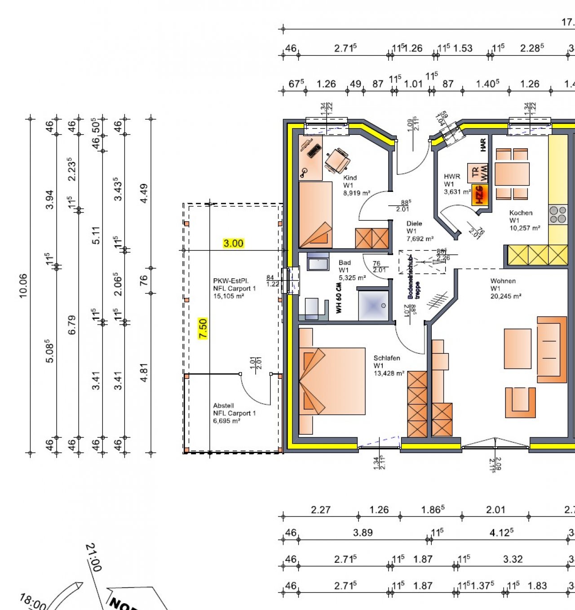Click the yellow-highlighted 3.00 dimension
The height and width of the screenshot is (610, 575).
(x=233, y=243)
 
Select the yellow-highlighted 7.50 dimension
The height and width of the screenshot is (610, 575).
(x=203, y=329)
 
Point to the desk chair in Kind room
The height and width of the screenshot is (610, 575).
(x=337, y=160)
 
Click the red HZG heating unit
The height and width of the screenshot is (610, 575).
(x=479, y=195)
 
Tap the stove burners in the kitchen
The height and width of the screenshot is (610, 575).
(x=558, y=215)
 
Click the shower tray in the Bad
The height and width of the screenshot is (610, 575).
(x=373, y=306)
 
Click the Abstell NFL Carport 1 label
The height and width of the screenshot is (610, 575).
(x=234, y=413)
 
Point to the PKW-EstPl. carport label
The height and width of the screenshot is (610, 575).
(x=234, y=288)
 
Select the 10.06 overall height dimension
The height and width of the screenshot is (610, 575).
(x=23, y=286)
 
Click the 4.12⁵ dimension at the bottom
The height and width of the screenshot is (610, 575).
(x=501, y=533)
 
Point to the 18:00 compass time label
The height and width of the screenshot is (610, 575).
(x=32, y=601)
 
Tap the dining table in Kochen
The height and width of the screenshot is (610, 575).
(x=512, y=174)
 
